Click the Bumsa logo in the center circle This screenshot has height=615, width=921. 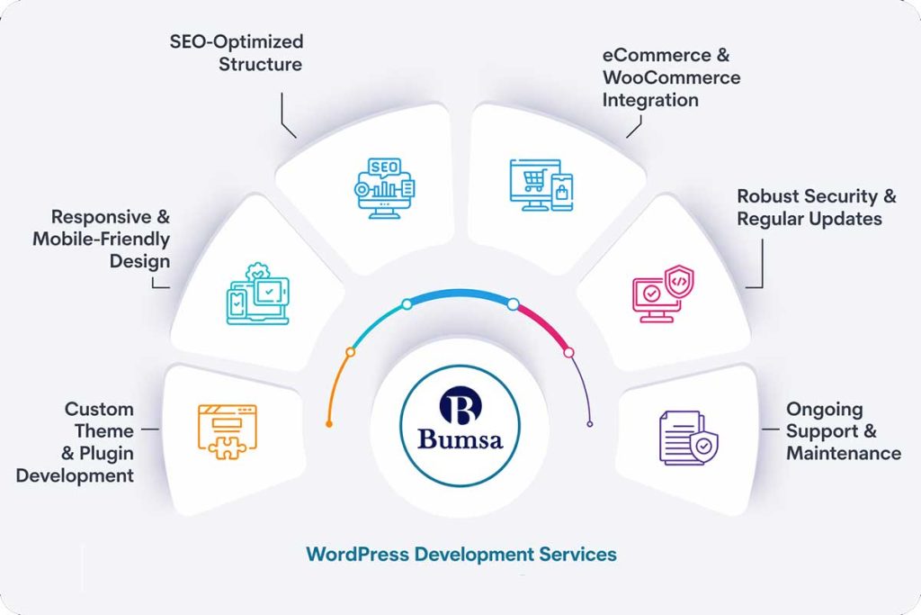[x=460, y=424]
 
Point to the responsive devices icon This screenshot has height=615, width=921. [x=257, y=294]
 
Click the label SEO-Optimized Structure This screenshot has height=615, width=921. [x=237, y=52]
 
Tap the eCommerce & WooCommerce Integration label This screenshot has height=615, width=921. [x=671, y=77]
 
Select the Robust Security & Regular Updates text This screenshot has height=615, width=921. [x=817, y=207]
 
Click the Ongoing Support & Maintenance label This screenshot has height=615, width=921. [x=843, y=431]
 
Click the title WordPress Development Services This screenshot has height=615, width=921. [x=461, y=553]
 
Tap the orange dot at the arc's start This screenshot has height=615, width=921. [x=329, y=423]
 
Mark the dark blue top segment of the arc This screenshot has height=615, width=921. [x=460, y=294]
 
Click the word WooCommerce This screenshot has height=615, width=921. [x=671, y=77]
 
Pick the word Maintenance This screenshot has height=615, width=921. [x=843, y=453]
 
